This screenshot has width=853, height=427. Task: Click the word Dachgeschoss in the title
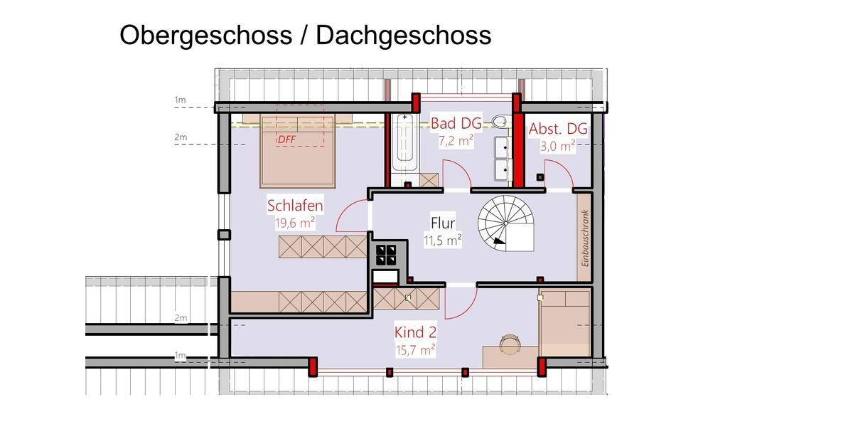point(403,35)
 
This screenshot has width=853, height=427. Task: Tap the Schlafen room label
point(295,206)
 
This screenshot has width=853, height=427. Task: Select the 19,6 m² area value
point(295,223)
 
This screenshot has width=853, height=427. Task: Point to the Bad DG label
point(456,124)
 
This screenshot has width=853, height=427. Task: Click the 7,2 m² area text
point(456,141)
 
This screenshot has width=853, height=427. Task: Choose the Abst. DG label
point(558,129)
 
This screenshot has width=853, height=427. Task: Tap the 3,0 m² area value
point(558,146)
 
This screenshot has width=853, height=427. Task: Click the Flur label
point(443,223)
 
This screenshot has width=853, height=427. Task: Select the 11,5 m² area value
point(443,240)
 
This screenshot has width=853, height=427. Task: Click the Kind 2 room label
point(415,332)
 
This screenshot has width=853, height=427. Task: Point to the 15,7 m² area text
point(415,349)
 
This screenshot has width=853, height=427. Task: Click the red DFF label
point(286,139)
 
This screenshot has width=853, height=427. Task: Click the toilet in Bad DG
point(501,122)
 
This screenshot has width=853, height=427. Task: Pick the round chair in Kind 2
point(510,344)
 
